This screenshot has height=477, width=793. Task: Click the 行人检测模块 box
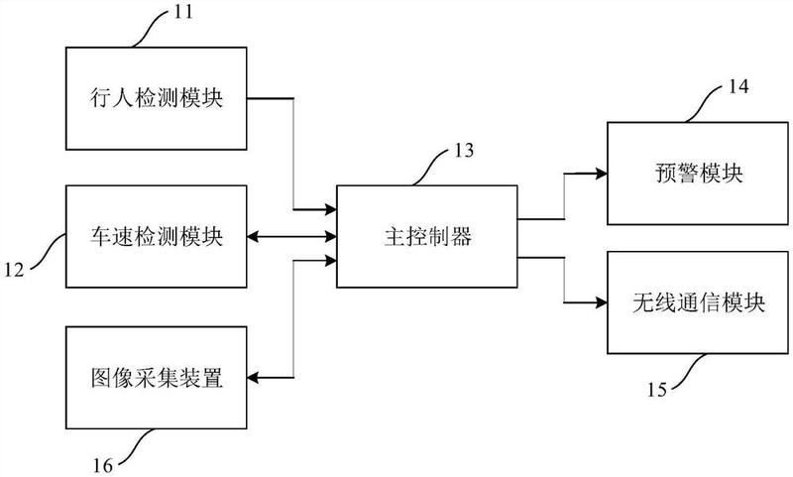tap(155, 97)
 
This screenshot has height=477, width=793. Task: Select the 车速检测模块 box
tap(155, 237)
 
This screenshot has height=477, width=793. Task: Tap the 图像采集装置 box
tap(155, 377)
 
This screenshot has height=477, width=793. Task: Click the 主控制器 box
tap(426, 237)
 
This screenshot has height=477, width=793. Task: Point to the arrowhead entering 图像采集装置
tap(254, 377)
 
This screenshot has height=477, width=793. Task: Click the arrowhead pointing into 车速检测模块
tap(254, 237)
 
